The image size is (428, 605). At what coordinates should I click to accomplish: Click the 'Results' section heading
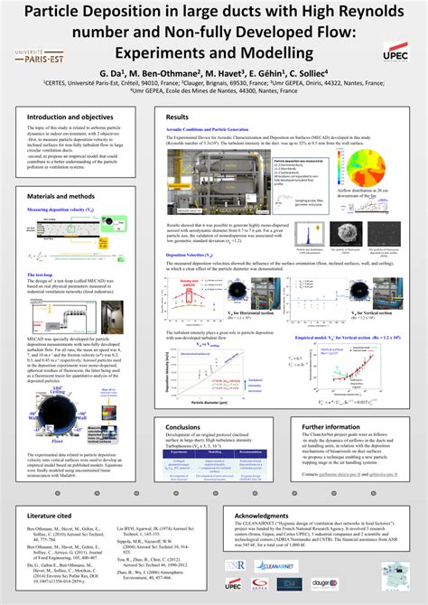(x=176, y=117)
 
